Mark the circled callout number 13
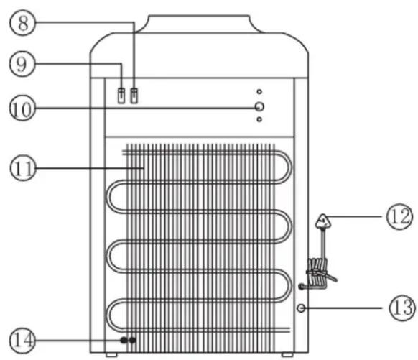[x=399, y=308]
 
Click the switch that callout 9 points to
[x=121, y=93]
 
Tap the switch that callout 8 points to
[x=134, y=93]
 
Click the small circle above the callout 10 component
[x=259, y=92]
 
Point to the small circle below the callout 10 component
[x=259, y=120]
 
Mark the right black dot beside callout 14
[x=132, y=338]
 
